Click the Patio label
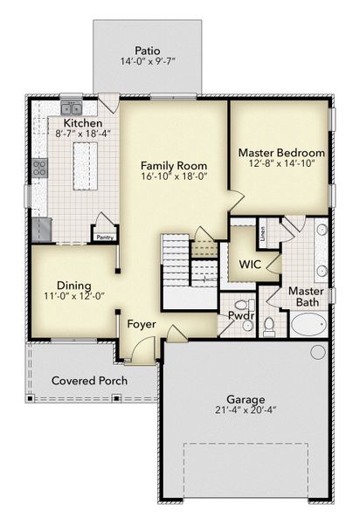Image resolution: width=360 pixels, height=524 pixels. pyautogui.click(x=147, y=50)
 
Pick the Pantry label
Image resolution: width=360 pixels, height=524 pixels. pyautogui.click(x=105, y=236)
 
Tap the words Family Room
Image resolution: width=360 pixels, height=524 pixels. pyautogui.click(x=175, y=164)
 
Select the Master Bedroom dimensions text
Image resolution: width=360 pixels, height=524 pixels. pyautogui.click(x=281, y=162)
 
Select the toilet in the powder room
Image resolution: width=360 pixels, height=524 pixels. pyautogui.click(x=269, y=327)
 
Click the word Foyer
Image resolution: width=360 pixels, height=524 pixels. pyautogui.click(x=142, y=324)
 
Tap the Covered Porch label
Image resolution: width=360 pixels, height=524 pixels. pyautogui.click(x=89, y=381)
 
